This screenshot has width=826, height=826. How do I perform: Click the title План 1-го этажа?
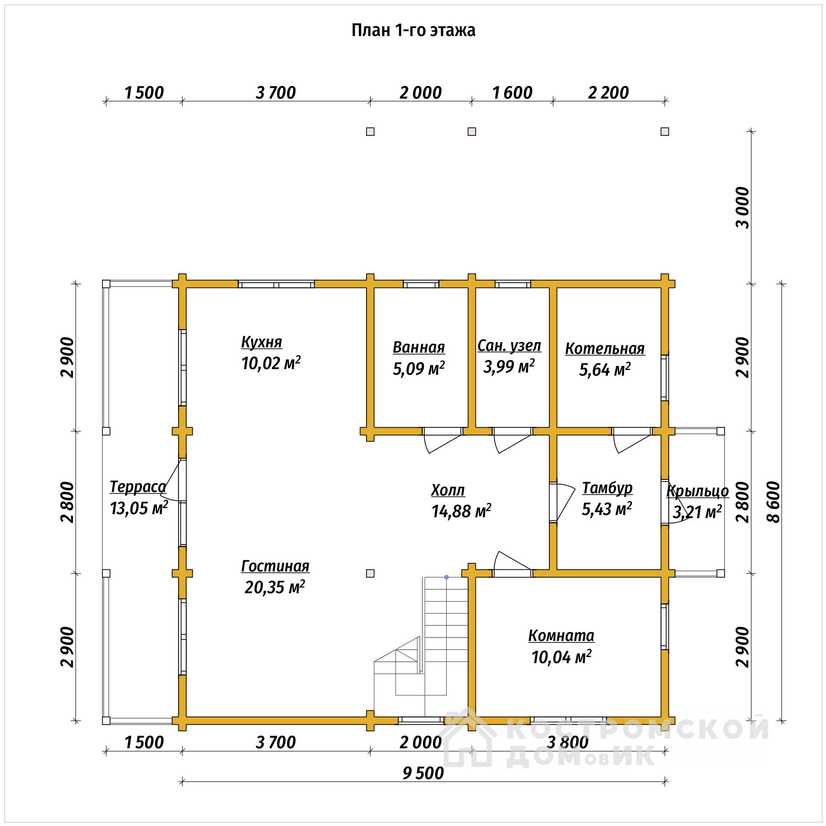413,30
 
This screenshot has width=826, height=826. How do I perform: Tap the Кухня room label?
261,342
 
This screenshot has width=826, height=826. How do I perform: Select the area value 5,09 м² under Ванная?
419,368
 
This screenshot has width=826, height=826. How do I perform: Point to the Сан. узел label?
509,346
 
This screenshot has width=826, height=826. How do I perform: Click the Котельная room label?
605,348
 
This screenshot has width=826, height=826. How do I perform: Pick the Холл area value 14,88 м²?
461,511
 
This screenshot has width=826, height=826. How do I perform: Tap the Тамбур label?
607,488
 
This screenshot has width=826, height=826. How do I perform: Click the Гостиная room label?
275,566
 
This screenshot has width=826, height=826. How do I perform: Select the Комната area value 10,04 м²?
562,657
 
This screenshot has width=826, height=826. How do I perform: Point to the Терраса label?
138,487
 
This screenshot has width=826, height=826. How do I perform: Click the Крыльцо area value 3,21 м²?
697,512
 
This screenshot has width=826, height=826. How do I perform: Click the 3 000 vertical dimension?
743,208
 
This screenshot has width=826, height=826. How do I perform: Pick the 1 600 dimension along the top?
512,93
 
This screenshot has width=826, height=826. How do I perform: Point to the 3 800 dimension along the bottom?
568,742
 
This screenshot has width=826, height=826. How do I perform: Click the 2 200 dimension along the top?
608,93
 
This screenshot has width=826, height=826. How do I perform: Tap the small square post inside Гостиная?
370,573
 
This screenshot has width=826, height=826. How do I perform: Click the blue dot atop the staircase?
446,577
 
